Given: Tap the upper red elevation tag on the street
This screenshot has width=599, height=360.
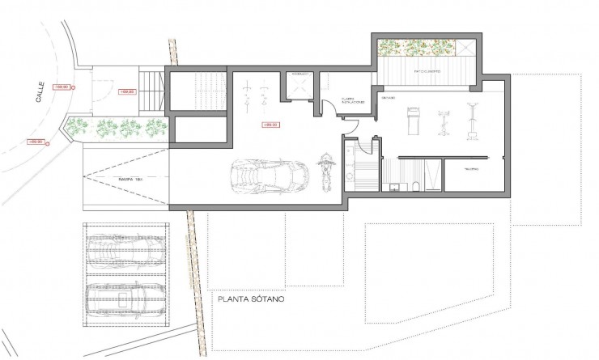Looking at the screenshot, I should coord(62,86).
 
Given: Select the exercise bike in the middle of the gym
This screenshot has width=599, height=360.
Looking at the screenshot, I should coord(444,123).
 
